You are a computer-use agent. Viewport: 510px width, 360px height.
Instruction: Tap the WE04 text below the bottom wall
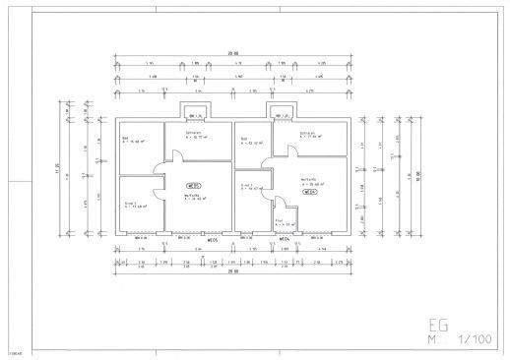coord(283,239)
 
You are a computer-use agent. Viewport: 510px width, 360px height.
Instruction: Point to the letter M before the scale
coord(431,340)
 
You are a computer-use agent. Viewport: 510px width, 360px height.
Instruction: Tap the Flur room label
coord(279,220)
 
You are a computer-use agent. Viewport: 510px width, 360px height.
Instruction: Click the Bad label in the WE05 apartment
coord(125,139)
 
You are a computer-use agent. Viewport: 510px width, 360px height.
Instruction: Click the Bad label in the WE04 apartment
coord(243,139)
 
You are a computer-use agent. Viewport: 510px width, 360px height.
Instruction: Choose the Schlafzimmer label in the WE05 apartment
coord(193,134)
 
